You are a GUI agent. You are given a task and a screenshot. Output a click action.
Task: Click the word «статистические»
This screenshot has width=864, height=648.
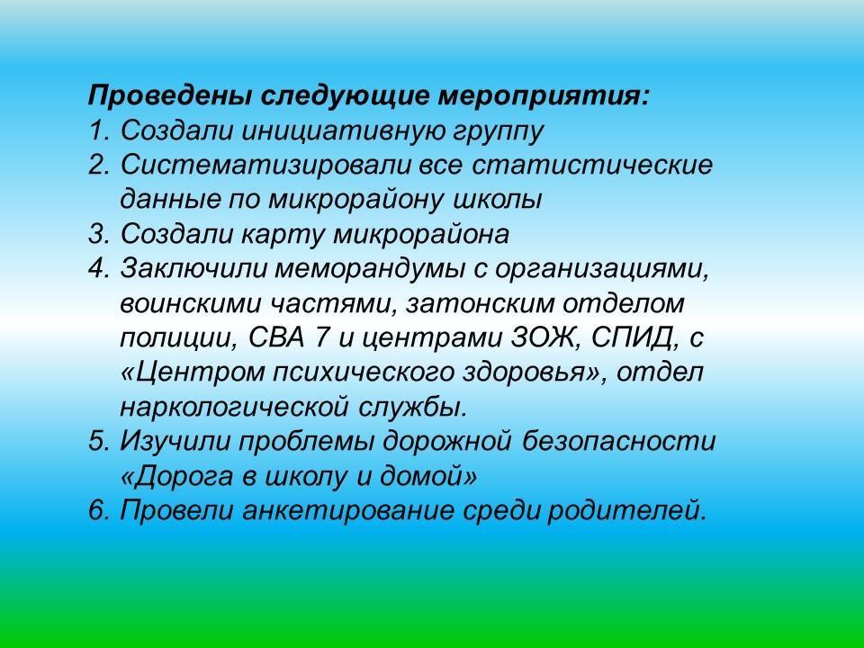click(592, 165)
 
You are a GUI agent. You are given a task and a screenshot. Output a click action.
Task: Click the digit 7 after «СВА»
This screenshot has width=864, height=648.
click(320, 337)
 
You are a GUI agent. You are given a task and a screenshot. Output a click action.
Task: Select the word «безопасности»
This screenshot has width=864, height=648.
click(618, 442)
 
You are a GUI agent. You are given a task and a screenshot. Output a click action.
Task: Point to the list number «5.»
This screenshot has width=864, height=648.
click(100, 442)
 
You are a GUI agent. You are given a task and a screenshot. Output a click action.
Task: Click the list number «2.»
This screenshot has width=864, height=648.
click(100, 166)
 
